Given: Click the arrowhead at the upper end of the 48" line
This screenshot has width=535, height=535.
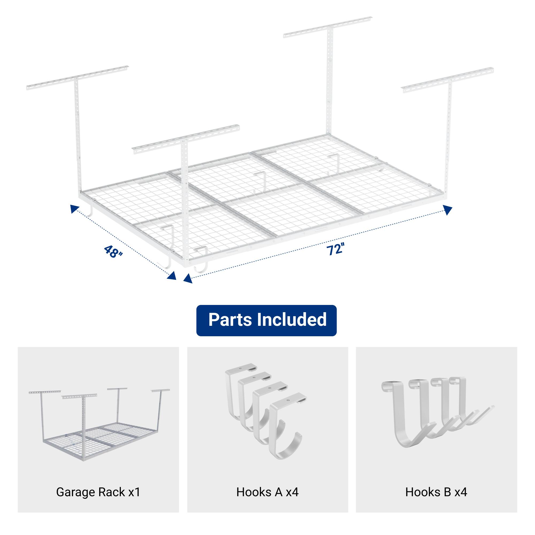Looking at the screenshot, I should pos(74,208).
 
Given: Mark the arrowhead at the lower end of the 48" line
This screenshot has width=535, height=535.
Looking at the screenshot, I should pos(172,276).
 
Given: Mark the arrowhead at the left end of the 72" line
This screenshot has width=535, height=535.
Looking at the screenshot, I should pos(188,278).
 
